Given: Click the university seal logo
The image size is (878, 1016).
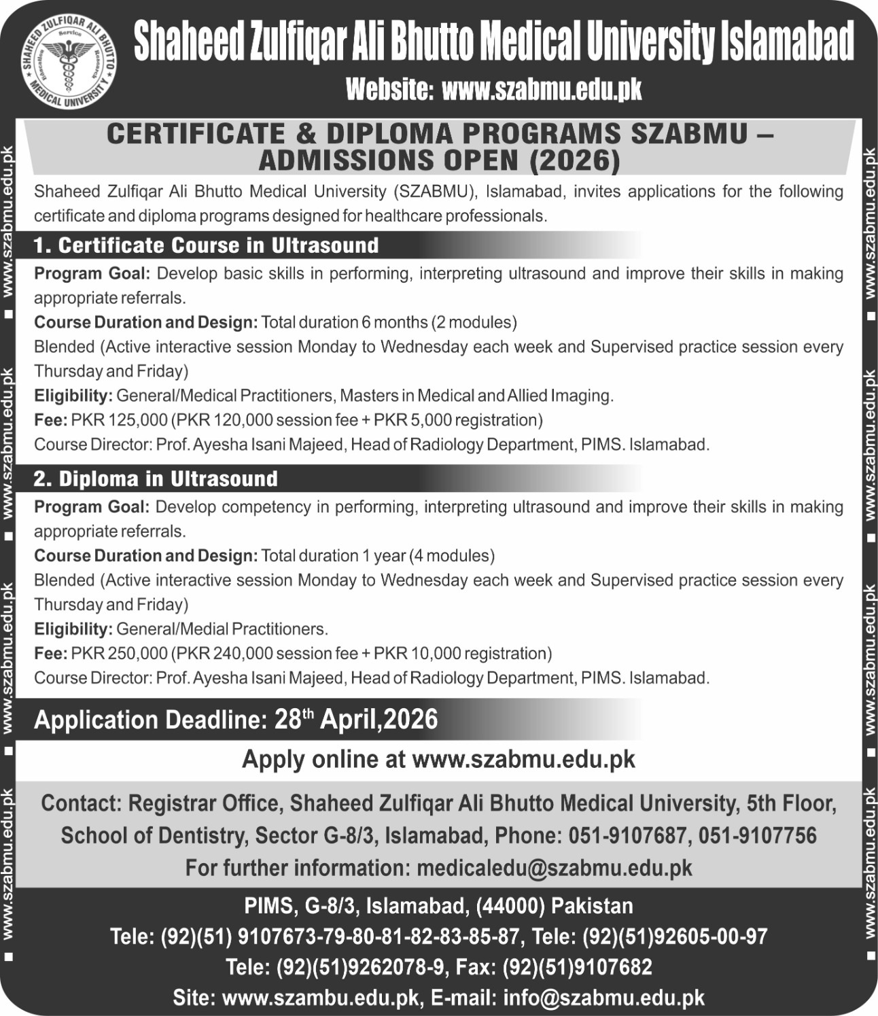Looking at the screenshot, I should point(67,63).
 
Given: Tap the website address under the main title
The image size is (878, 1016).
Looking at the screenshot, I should point(541,90).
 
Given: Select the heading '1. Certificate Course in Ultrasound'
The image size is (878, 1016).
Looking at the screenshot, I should point(207,245).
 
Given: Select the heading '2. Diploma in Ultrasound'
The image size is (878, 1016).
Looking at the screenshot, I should point(156,479).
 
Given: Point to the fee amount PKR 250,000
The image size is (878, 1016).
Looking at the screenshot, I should point(119,654).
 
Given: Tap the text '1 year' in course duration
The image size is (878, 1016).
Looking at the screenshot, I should point(383,556).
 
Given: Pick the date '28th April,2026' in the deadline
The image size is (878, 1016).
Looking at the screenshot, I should point(356,720).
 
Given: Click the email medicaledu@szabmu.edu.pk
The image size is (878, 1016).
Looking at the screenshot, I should point(554,868).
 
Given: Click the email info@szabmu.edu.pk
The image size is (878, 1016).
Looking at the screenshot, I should point(603,998).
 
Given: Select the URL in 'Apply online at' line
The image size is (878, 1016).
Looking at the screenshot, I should point(523,759).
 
